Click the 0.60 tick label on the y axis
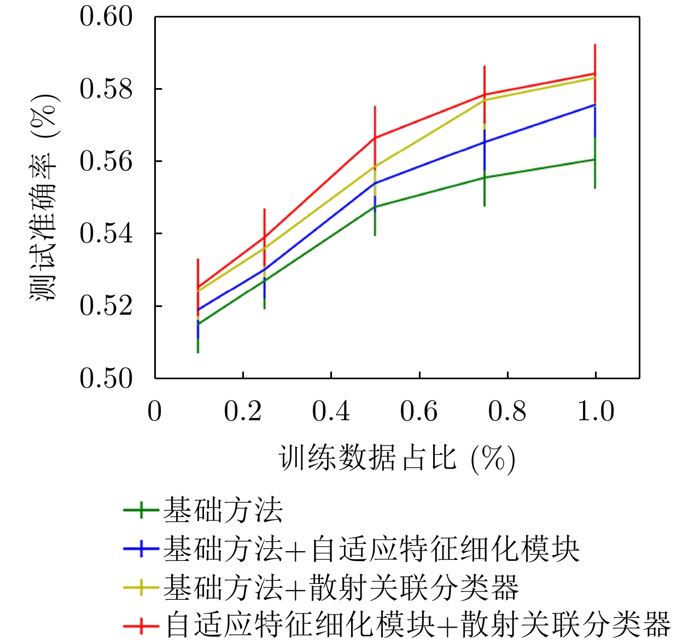(106, 16)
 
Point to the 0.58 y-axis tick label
(106, 89)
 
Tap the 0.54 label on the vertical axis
(106, 233)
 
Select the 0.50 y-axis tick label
(106, 378)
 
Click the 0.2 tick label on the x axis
(243, 411)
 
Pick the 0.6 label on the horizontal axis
(419, 411)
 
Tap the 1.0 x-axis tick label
(596, 411)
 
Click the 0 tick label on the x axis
(155, 411)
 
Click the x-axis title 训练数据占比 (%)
(397, 458)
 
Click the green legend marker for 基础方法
(141, 510)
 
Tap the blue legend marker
(141, 548)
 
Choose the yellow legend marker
(141, 587)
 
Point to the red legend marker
(141, 625)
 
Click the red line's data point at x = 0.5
(375, 137)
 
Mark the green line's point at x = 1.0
(595, 159)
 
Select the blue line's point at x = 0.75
(485, 142)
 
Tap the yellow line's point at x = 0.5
(375, 166)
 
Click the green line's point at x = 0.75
(485, 177)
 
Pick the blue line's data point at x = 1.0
(595, 104)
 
